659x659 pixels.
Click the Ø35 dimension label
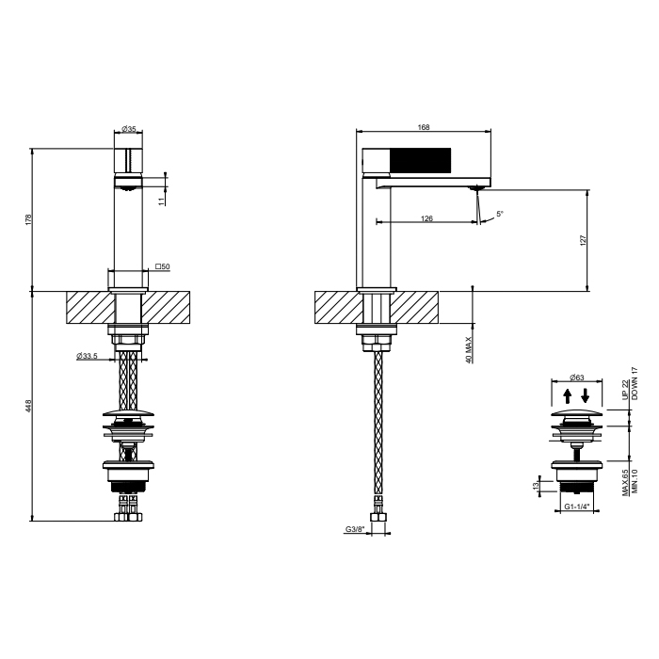pos(129,129)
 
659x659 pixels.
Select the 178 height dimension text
pos(28,219)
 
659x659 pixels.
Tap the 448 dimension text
pos(28,406)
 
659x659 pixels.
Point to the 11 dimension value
pos(162,201)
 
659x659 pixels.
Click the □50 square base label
pos(163,266)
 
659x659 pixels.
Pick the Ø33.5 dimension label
pos(87,356)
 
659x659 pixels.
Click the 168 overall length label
pos(424,127)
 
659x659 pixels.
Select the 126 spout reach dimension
pos(426,218)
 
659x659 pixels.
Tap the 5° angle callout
pos(500,214)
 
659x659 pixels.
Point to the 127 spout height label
pos(583,240)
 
